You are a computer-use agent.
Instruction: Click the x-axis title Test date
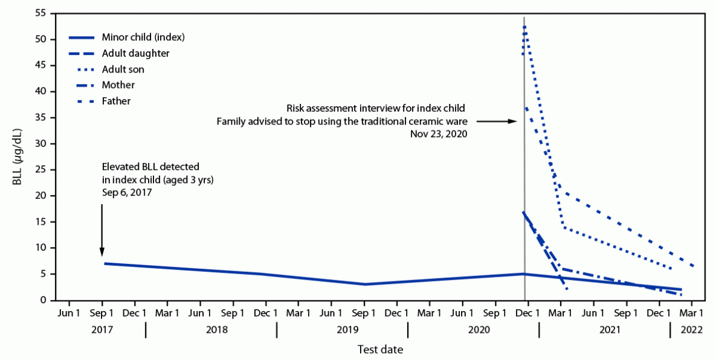pyautogui.click(x=380, y=349)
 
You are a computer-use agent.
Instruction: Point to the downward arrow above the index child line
pyautogui.click(x=102, y=230)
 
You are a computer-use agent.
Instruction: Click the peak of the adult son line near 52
pyautogui.click(x=525, y=27)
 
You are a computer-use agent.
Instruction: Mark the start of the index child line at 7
pyautogui.click(x=105, y=263)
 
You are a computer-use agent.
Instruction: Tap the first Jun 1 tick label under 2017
pyautogui.click(x=69, y=313)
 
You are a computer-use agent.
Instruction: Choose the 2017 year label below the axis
pyautogui.click(x=102, y=330)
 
